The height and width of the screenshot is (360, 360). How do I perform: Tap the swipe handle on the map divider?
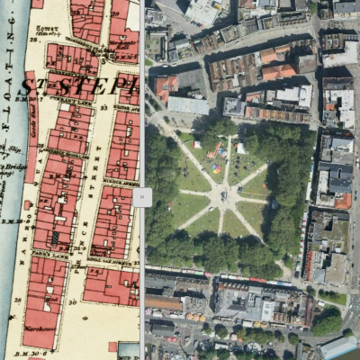tap(142, 197)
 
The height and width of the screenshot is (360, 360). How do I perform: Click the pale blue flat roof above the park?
tap(188, 105)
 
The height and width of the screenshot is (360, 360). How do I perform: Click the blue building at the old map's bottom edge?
tap(129, 350)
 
